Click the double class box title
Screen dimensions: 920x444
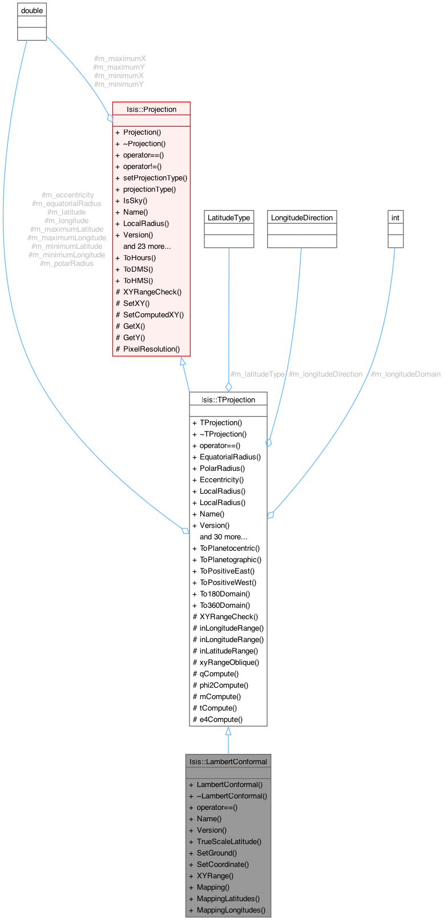[x=31, y=10]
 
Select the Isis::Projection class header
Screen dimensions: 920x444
[x=151, y=109]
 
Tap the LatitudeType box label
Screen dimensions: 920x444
[x=228, y=217]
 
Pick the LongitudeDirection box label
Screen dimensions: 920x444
[x=302, y=217]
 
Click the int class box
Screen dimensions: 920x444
[x=395, y=217]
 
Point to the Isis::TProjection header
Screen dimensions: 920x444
[x=228, y=400]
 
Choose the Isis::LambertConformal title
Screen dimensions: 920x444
[x=228, y=761]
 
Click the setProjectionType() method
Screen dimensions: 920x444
[x=155, y=177]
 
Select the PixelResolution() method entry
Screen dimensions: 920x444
[x=151, y=349]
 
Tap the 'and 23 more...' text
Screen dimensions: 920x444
[x=147, y=246]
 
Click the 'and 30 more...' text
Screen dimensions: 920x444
[x=223, y=536]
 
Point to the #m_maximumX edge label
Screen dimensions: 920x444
[x=119, y=58]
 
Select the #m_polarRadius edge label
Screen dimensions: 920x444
[x=67, y=263]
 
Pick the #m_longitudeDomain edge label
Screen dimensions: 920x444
[x=405, y=374]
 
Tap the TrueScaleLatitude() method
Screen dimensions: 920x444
[x=229, y=841]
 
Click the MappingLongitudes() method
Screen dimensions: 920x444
[x=231, y=910]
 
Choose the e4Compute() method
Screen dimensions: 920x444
[x=221, y=719]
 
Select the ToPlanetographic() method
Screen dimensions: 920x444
[x=230, y=559]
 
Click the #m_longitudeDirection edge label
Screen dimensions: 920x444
[x=325, y=374]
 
